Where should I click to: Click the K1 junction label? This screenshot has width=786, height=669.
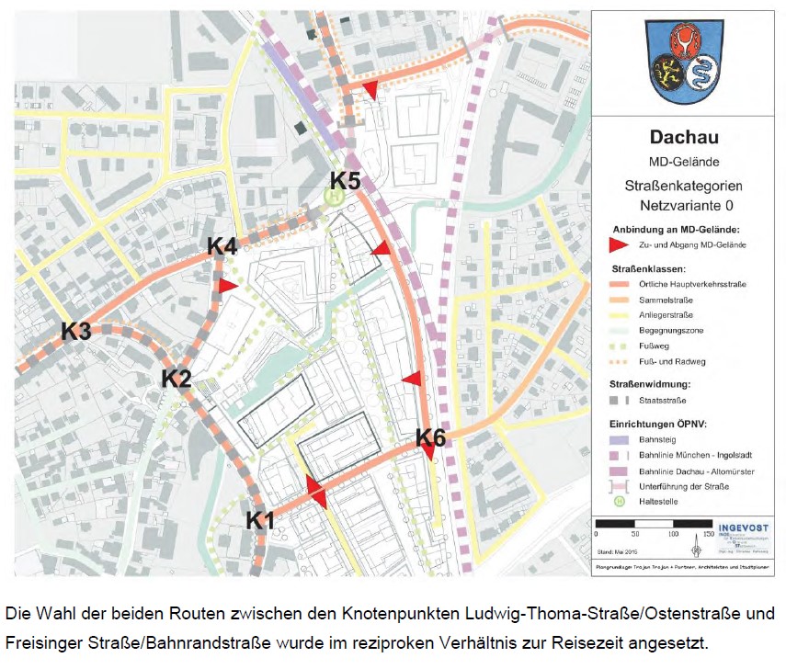260,521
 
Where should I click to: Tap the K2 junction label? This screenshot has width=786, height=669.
177,378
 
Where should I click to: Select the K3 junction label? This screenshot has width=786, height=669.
76,332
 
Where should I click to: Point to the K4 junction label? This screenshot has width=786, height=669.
222,246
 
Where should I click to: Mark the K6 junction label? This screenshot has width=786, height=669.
430,438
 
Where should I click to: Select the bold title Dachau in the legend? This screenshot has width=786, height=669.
684,139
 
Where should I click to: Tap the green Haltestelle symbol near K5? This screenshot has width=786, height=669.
336,195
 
